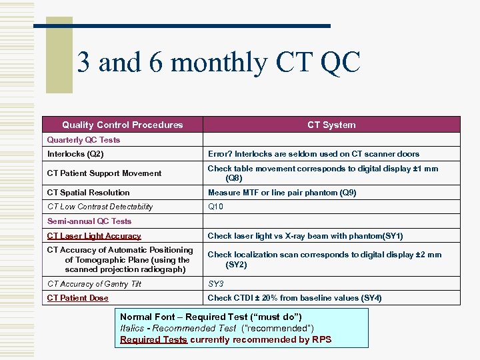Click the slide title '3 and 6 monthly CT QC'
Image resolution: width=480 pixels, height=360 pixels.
pyautogui.click(x=219, y=63)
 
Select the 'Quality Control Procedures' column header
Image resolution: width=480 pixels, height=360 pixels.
pyautogui.click(x=122, y=125)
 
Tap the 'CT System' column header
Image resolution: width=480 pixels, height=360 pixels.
pyautogui.click(x=331, y=125)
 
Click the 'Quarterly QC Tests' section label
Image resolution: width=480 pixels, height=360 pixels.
pyautogui.click(x=83, y=140)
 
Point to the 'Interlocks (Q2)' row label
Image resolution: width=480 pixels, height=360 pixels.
pyautogui.click(x=75, y=154)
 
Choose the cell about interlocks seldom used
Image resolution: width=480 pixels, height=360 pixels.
pyautogui.click(x=313, y=154)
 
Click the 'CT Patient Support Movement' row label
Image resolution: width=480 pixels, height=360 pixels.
pyautogui.click(x=104, y=173)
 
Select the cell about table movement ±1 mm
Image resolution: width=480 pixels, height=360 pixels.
pyautogui.click(x=323, y=173)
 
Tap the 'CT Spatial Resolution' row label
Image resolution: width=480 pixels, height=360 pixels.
pyautogui.click(x=88, y=193)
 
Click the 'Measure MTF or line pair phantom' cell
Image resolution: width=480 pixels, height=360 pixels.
pyautogui.click(x=282, y=193)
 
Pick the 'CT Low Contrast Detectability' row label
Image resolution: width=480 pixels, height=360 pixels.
pyautogui.click(x=100, y=207)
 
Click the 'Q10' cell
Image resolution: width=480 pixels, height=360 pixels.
pyautogui.click(x=215, y=207)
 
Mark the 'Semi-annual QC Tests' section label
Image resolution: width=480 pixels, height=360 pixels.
pyautogui.click(x=89, y=221)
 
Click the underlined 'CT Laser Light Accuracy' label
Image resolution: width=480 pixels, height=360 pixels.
pyautogui.click(x=94, y=236)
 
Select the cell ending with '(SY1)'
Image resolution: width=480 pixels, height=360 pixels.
pyautogui.click(x=305, y=236)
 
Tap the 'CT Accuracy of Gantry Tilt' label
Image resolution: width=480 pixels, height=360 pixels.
pyautogui.click(x=94, y=284)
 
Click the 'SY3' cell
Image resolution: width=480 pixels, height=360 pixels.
pyautogui.click(x=215, y=284)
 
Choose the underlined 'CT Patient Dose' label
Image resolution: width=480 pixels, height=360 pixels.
pyautogui.click(x=77, y=298)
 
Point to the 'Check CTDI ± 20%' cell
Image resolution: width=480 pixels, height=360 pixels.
pyautogui.click(x=295, y=298)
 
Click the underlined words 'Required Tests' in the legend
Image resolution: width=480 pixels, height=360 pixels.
pyautogui.click(x=153, y=340)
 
